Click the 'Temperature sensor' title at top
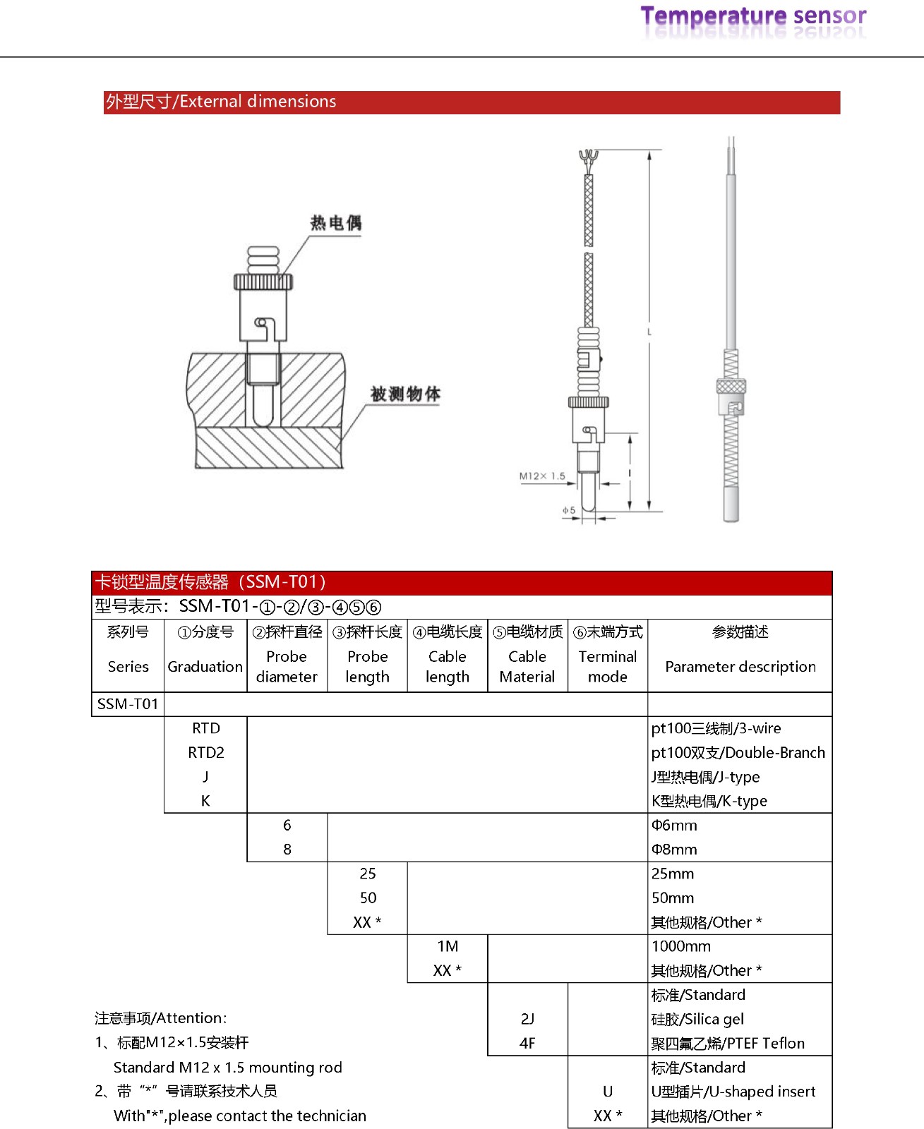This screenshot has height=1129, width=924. click(x=752, y=16)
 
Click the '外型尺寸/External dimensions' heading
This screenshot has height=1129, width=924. click(x=221, y=102)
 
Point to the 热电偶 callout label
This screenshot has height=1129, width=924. click(x=336, y=223)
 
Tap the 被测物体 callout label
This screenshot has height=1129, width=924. click(x=405, y=394)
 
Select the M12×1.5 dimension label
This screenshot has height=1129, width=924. click(x=542, y=476)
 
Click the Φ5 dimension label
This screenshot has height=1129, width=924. click(x=569, y=509)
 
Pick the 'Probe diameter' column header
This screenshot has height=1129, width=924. click(x=287, y=666)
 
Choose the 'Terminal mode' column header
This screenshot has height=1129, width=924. click(x=607, y=666)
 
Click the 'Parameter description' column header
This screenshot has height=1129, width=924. click(x=740, y=666)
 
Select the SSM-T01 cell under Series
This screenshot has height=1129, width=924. click(x=128, y=704)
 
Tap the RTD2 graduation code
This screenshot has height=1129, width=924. click(x=205, y=752)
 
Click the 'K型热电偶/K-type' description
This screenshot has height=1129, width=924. click(x=709, y=801)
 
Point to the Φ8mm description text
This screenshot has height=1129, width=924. click(x=674, y=849)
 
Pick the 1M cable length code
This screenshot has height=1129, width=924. click(x=448, y=946)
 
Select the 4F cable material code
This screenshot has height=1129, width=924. click(x=527, y=1043)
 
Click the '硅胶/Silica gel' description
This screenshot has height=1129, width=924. click(x=697, y=1019)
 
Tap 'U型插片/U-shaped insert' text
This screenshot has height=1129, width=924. click(x=733, y=1092)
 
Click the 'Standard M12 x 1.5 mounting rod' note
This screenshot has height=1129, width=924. click(x=227, y=1067)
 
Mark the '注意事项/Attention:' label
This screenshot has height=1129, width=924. click(x=161, y=1018)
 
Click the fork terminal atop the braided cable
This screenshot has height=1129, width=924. click(x=587, y=157)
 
